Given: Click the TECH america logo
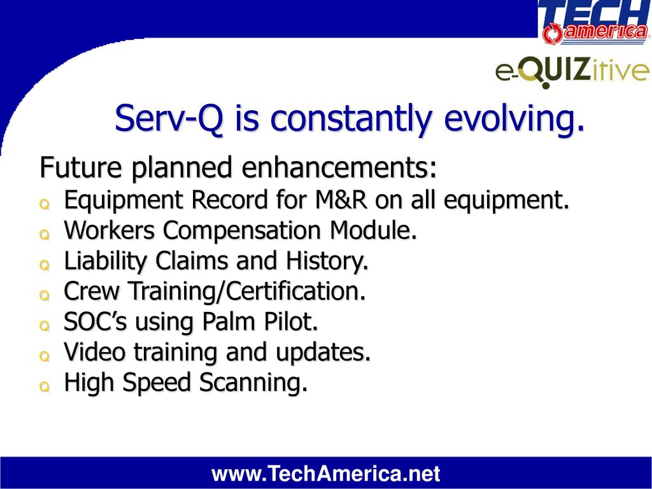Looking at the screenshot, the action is [x=595, y=22].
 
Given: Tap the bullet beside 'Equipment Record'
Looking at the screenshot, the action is [x=45, y=204].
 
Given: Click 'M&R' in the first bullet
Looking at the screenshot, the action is [x=341, y=199].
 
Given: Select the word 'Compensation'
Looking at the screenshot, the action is [x=241, y=230].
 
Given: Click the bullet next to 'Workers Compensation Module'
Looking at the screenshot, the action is [x=45, y=235].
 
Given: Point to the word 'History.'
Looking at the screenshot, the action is [x=327, y=260].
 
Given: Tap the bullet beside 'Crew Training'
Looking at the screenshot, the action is [x=45, y=295].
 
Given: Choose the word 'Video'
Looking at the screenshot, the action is [x=94, y=351].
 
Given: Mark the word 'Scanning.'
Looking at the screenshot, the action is [x=253, y=383].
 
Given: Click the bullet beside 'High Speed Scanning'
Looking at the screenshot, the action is [x=45, y=387].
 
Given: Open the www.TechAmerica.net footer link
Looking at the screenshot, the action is [x=325, y=474].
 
